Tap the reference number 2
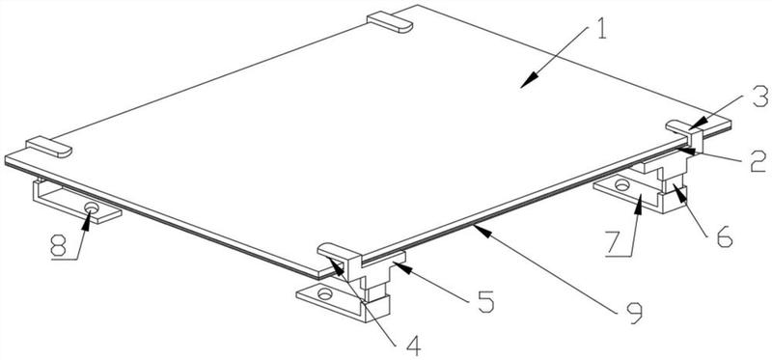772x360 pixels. tap(758, 162)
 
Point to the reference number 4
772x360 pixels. tap(413, 346)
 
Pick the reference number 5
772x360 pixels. tap(485, 301)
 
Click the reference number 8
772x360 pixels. tap(58, 246)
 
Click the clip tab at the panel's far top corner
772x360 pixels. tap(390, 22)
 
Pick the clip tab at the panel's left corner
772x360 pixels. tap(49, 148)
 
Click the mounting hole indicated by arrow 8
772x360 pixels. tap(91, 208)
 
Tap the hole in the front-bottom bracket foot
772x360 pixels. tap(325, 294)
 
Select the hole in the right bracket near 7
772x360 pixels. tap(621, 185)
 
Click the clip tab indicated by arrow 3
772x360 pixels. tap(685, 133)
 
